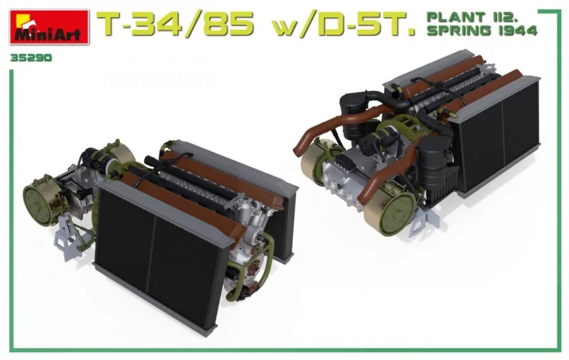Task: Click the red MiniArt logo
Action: click(x=49, y=27)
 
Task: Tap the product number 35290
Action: click(x=31, y=58)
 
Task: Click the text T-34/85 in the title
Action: click(x=175, y=25)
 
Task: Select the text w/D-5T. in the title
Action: click(x=344, y=25)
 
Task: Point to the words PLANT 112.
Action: click(x=472, y=17)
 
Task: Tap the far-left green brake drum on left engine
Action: click(x=41, y=201)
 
